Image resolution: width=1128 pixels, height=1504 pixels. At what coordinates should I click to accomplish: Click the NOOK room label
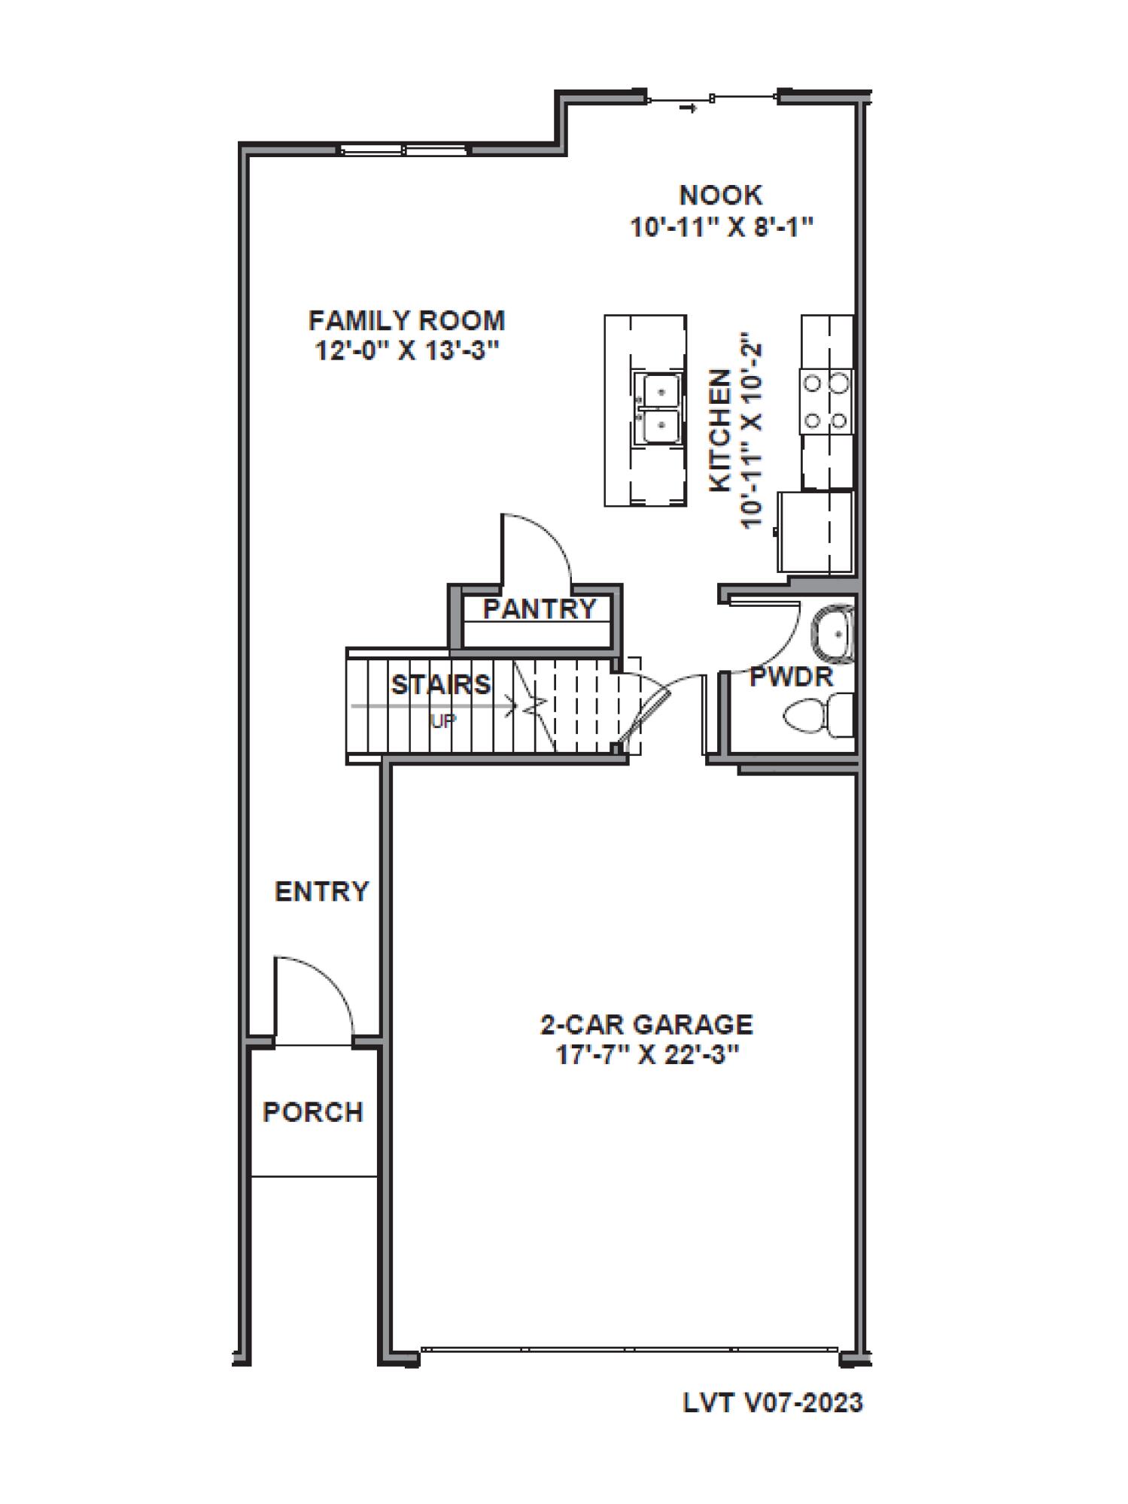720,196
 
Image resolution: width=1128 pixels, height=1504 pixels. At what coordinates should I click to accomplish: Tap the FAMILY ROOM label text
406,321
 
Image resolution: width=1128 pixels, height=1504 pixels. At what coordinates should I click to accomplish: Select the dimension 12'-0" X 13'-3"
406,351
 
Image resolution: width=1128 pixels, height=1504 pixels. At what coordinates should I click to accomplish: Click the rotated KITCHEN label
721,430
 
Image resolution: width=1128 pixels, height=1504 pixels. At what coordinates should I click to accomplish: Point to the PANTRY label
539,609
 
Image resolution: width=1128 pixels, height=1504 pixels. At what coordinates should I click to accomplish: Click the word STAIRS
441,685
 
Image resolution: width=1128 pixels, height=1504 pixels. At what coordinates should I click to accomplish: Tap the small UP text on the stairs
442,721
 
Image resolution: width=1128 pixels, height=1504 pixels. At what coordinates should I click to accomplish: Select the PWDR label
792,678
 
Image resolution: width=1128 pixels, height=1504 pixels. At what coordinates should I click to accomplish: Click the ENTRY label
322,892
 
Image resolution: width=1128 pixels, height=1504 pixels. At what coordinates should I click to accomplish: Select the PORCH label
313,1112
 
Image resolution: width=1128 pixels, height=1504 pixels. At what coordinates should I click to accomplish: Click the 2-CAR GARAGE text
646,1024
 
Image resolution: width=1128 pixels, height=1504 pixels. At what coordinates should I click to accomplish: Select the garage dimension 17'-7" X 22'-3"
646,1055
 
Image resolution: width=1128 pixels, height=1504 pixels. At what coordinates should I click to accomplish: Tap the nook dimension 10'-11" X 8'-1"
722,226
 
